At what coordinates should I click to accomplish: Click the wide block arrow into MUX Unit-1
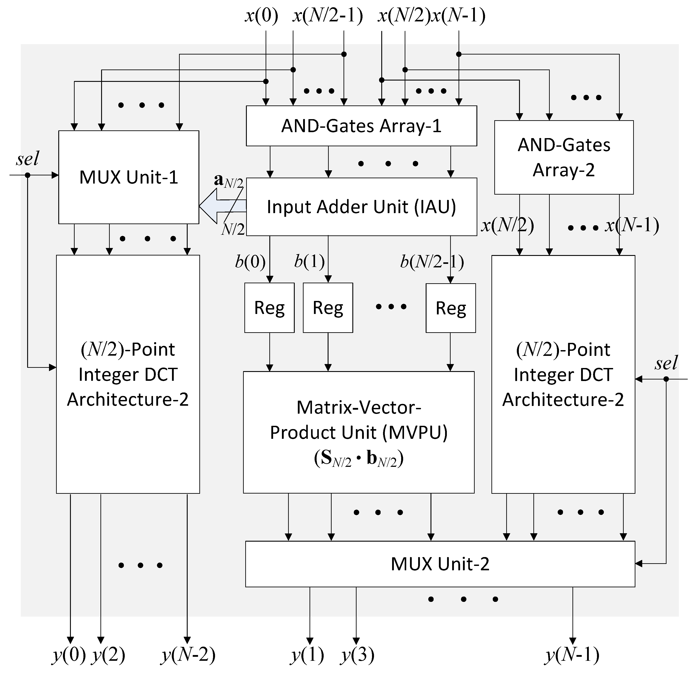pos(222,206)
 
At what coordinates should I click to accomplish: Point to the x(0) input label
pos(261,16)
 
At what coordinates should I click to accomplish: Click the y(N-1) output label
pos(572,655)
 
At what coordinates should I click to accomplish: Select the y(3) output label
pos(357,655)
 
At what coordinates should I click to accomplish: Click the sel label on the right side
pos(666,363)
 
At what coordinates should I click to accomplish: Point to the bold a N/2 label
pos(228,181)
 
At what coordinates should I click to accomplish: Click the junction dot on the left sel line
pos(28,175)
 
